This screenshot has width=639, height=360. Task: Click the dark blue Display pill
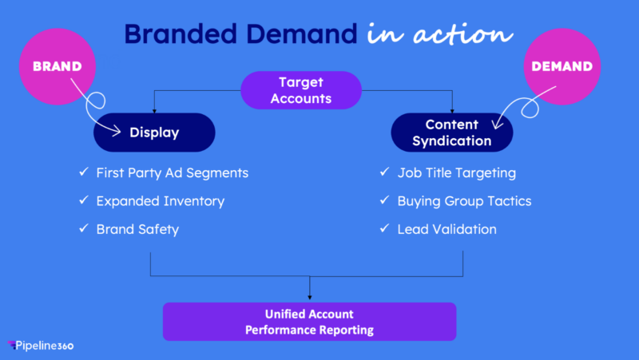(x=154, y=133)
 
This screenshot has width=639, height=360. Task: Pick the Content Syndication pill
(x=451, y=133)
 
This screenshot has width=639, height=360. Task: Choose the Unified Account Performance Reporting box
(x=310, y=322)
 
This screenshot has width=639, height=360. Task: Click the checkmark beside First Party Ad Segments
(x=82, y=172)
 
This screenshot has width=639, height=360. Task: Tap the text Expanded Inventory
(x=160, y=201)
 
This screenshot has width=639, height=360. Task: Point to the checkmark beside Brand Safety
(x=82, y=230)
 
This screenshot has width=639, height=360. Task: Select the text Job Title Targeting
(x=457, y=172)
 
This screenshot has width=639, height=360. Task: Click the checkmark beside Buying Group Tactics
(x=383, y=201)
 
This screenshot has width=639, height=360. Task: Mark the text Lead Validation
(x=447, y=230)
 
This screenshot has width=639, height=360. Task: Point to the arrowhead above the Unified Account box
(x=310, y=298)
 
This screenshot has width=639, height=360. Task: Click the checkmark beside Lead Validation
(x=383, y=230)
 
